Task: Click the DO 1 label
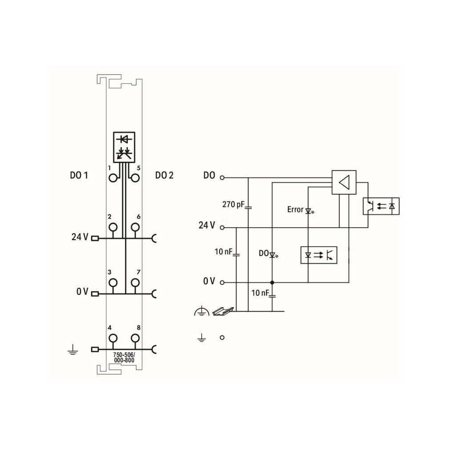coord(79,175)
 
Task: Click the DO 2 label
coord(164,175)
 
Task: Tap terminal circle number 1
coord(113,178)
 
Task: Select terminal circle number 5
coord(135,178)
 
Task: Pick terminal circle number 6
coord(135,227)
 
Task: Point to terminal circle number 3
coord(113,283)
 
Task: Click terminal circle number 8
coord(135,338)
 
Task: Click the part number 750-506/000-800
coord(124,357)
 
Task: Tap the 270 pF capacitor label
coord(233,204)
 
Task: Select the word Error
coord(295,210)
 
